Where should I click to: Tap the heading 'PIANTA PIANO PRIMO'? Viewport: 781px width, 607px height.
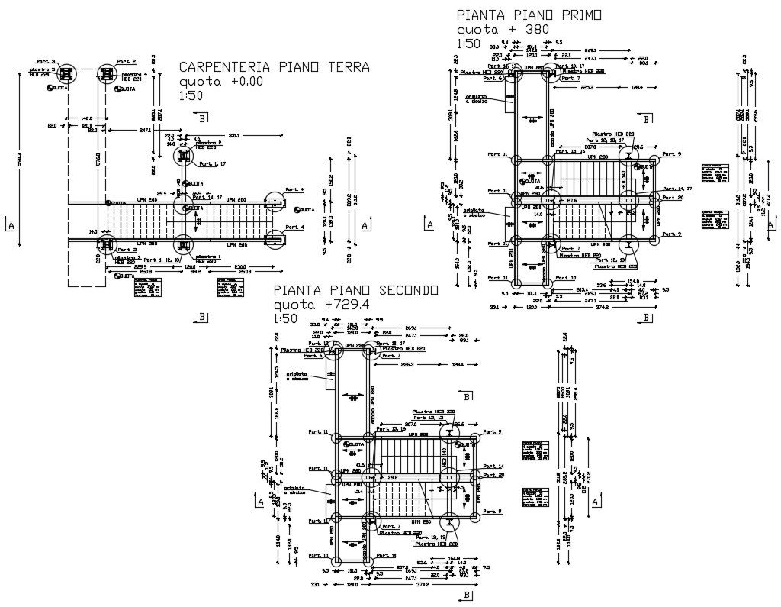coord(529,15)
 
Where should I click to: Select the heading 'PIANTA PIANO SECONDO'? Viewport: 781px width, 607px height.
coord(356,290)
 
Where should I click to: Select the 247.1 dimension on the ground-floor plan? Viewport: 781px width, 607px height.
coord(145,131)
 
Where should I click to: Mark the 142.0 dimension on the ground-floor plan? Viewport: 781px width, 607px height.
coord(86,118)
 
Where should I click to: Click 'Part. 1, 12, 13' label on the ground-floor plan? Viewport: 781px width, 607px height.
coord(161,261)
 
